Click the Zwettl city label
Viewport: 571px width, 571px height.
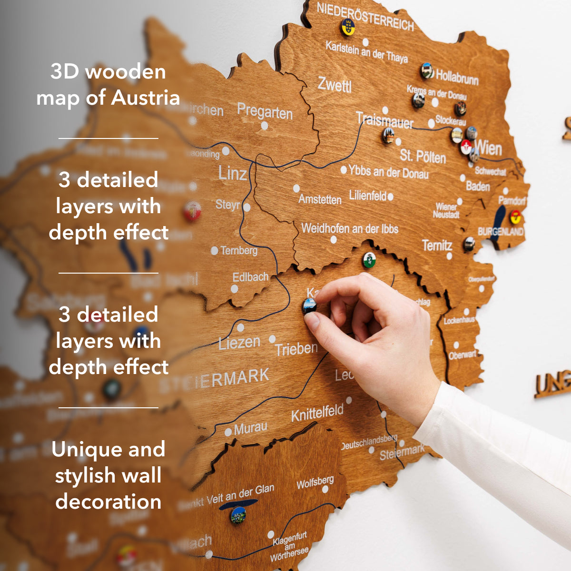[335, 85]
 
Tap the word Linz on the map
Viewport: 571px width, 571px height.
[232, 173]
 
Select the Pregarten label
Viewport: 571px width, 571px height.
[265, 112]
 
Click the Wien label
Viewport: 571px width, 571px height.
[488, 148]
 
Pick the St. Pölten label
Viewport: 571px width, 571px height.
[423, 156]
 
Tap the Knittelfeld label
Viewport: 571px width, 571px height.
[317, 413]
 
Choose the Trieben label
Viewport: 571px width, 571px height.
[296, 349]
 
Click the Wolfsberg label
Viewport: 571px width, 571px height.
[315, 483]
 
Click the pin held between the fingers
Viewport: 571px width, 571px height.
[310, 305]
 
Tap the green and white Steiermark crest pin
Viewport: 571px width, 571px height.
[369, 260]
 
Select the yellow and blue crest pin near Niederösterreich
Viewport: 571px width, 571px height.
[348, 27]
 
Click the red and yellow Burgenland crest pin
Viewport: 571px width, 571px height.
[515, 217]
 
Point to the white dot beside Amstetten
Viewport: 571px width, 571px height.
[296, 188]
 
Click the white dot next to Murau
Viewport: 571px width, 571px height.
[228, 432]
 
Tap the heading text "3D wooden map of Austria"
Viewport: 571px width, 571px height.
[108, 85]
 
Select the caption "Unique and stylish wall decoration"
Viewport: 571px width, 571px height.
[108, 475]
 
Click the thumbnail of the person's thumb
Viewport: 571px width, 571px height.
[312, 321]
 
